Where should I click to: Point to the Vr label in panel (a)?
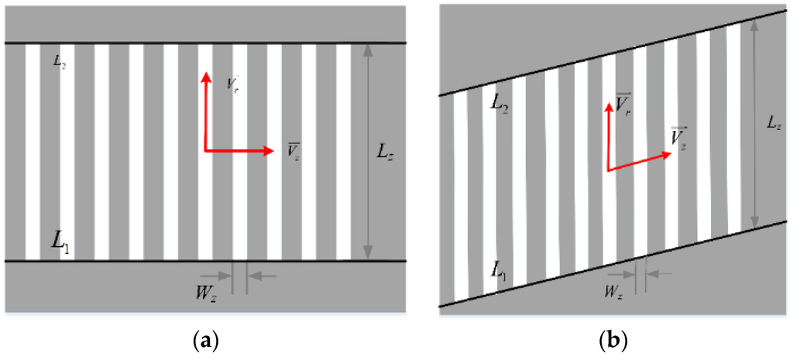(x=232, y=82)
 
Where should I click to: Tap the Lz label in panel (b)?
(x=774, y=122)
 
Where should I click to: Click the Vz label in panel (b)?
(x=679, y=139)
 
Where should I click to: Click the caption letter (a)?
(x=204, y=341)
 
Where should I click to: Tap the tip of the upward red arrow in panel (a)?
(x=206, y=72)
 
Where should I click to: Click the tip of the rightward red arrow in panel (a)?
(x=274, y=151)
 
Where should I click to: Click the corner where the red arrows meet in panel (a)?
(x=206, y=151)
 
